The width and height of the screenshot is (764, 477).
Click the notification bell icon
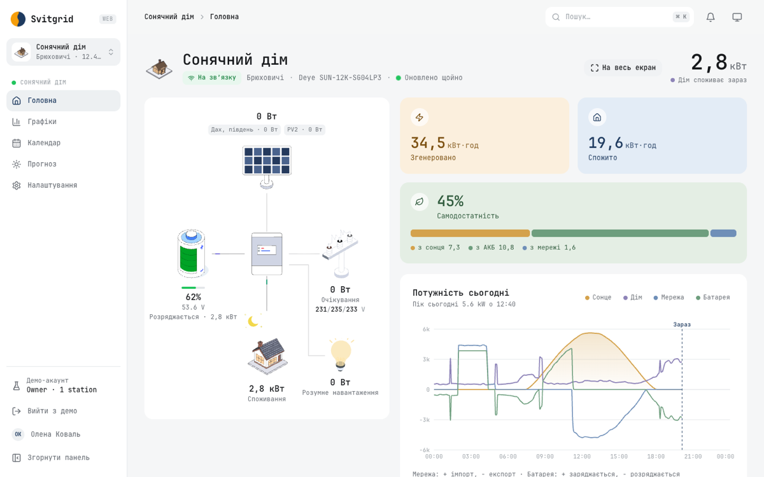[711, 17]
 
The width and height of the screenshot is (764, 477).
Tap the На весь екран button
[623, 67]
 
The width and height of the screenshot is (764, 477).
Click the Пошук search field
[619, 17]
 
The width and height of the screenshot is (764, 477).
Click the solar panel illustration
[267, 167]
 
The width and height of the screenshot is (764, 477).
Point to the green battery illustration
[192, 254]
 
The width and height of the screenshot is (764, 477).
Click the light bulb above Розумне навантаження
[341, 355]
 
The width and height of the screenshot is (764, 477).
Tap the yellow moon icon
[253, 321]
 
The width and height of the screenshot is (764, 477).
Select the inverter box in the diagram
[267, 254]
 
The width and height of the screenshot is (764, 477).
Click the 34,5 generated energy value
[428, 142]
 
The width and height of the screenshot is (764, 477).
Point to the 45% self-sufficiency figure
[451, 201]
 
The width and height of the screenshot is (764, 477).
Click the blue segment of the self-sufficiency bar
[723, 233]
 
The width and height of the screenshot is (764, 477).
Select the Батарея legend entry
[713, 298]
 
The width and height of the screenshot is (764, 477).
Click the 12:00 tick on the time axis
[582, 457]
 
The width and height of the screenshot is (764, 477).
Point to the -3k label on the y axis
[425, 420]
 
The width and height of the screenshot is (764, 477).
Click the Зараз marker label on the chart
[682, 324]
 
